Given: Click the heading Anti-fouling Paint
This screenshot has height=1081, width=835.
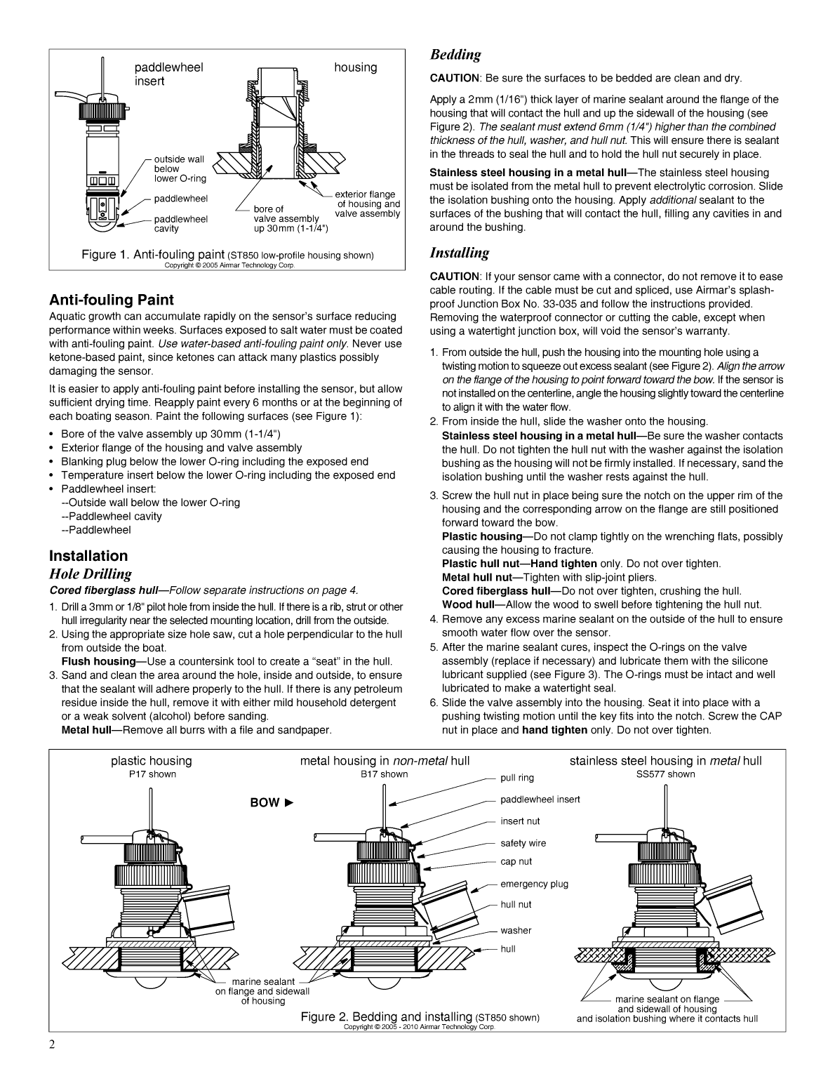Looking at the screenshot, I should click(112, 300).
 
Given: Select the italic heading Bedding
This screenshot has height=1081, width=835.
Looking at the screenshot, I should click(455, 55).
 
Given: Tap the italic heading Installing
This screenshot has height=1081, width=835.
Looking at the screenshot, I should click(459, 253).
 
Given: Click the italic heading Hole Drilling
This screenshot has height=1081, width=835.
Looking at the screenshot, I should click(90, 573).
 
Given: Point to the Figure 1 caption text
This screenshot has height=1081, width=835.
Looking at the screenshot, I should click(227, 255).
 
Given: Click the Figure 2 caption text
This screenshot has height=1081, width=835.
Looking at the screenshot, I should click(420, 1016).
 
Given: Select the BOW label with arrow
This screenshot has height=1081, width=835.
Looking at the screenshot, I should click(271, 802).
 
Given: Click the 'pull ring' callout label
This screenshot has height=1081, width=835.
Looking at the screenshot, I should click(517, 778).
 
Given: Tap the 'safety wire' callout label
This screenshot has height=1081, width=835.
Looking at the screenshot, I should click(523, 843).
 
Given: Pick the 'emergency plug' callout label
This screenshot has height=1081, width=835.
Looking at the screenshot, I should click(534, 884).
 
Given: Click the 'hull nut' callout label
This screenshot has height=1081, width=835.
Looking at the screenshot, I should click(516, 905).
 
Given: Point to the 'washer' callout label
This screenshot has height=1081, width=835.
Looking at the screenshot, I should click(516, 931).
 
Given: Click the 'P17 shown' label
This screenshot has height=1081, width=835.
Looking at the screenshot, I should click(152, 774).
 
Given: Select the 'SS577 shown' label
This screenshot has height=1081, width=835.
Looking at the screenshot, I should click(665, 774).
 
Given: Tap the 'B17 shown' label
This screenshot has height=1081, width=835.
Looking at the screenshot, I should click(384, 774).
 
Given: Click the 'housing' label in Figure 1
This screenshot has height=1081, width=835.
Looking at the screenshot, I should click(355, 67).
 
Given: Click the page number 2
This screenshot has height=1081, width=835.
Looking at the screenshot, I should click(52, 1063).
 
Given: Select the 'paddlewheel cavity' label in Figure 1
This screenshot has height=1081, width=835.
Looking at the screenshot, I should click(181, 224).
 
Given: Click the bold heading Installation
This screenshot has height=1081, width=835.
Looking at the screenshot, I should click(88, 556).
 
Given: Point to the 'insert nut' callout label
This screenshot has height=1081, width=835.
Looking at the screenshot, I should click(520, 821).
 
